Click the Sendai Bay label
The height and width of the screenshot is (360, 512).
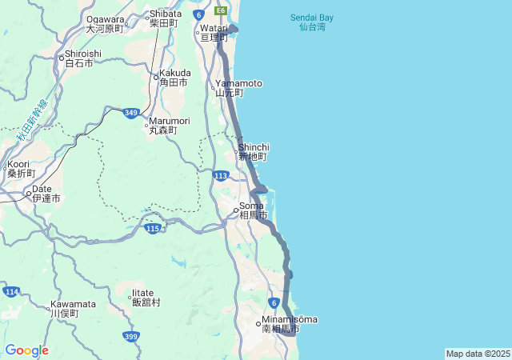(312, 22)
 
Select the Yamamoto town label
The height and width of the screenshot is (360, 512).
(238, 88)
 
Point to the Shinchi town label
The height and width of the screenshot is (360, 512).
(254, 151)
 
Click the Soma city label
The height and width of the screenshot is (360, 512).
(253, 210)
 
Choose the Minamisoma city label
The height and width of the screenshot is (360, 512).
(288, 324)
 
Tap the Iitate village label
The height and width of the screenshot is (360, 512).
(146, 298)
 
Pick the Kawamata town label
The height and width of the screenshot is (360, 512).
(73, 308)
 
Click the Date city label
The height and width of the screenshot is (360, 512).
(46, 193)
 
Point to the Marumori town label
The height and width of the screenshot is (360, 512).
(169, 125)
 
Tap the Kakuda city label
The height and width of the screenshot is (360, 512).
(174, 78)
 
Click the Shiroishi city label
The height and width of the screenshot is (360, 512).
(82, 58)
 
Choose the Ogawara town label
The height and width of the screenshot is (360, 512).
(106, 23)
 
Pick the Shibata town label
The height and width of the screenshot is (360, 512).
(166, 18)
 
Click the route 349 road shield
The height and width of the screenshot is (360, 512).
(131, 114)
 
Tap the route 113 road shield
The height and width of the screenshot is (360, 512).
(222, 175)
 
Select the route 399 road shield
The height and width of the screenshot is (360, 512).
(131, 337)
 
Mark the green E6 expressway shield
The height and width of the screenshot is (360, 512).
(220, 11)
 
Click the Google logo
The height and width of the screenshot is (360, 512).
(26, 350)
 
